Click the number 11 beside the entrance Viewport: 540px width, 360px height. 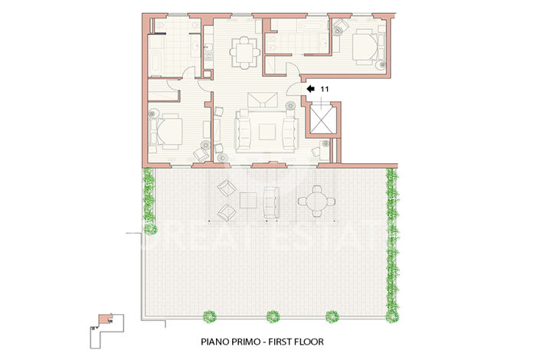click(x=324, y=90)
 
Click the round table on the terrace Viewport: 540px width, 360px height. click(x=315, y=201)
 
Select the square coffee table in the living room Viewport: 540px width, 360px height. click(x=267, y=130)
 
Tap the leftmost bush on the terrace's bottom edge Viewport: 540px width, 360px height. click(x=208, y=315)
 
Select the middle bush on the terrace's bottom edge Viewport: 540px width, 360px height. click(x=272, y=315)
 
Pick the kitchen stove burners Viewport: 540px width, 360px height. click(x=208, y=51)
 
